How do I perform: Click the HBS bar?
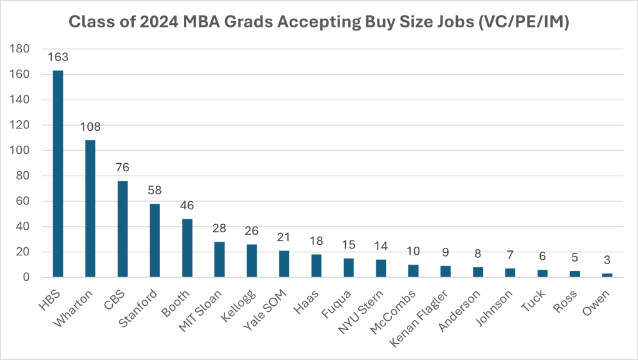(58, 174)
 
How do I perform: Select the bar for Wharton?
(90, 209)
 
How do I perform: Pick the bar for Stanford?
(155, 240)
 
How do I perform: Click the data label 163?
(58, 57)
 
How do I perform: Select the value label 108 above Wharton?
(90, 127)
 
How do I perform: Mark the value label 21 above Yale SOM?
(284, 238)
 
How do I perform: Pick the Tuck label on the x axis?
(536, 296)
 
